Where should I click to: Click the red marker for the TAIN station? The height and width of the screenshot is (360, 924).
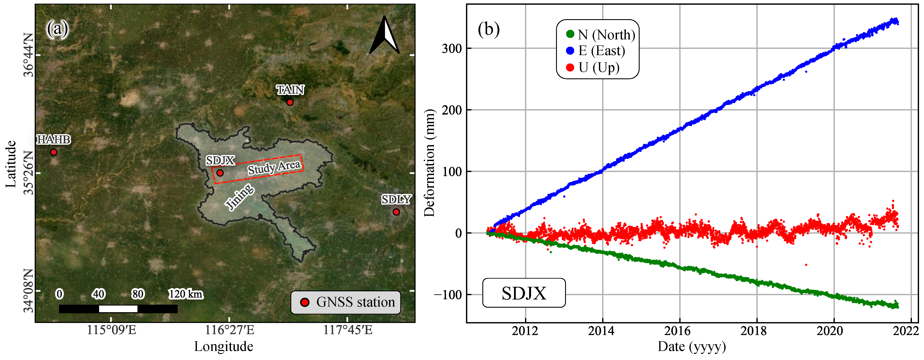click(x=290, y=102)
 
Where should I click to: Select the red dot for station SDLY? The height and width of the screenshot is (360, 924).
click(x=396, y=212)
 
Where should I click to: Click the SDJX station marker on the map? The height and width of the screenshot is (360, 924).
click(x=220, y=173)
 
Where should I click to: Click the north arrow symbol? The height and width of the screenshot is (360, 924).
click(x=385, y=36)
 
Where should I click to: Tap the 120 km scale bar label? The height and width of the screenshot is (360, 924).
click(x=186, y=294)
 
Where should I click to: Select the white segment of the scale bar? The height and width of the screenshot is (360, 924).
click(x=118, y=309)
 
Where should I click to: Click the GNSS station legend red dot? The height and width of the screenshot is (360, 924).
click(x=305, y=302)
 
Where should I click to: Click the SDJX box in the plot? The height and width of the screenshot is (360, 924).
click(x=524, y=293)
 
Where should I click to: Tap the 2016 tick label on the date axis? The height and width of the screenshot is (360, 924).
click(x=679, y=330)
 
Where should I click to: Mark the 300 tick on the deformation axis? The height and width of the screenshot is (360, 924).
click(x=452, y=48)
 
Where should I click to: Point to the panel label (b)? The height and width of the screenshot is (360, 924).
click(x=489, y=29)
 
